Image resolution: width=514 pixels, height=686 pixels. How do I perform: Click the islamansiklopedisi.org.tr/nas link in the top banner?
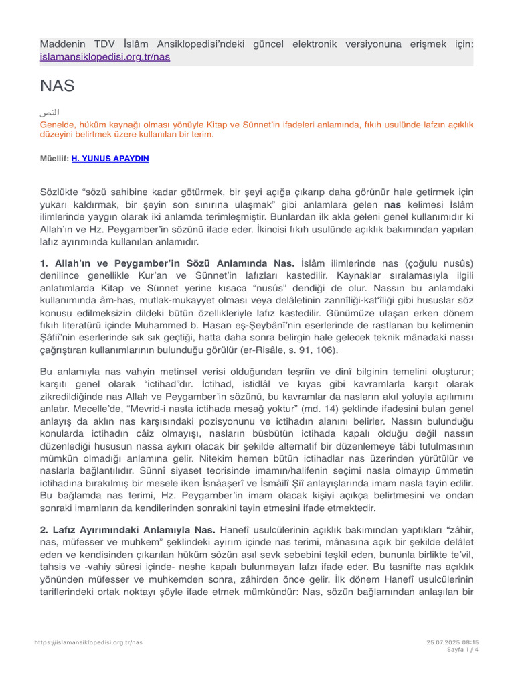[x=105, y=57]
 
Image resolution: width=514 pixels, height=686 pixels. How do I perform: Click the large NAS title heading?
[x=57, y=86]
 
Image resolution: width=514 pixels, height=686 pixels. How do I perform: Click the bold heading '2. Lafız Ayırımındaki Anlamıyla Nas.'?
[x=128, y=529]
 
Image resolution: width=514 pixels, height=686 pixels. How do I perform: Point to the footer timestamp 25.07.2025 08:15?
[x=452, y=642]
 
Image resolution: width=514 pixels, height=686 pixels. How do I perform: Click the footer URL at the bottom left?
[x=88, y=642]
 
